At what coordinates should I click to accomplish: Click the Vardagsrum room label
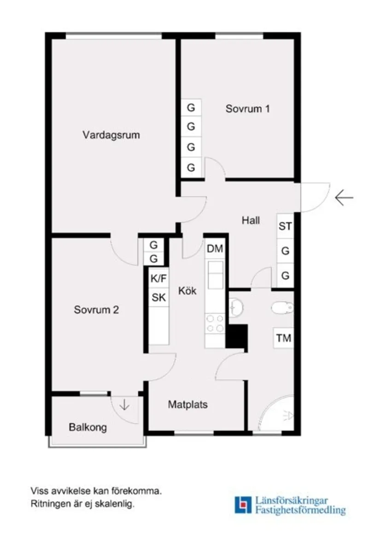[x=111, y=135]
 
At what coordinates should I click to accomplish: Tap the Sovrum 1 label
[x=247, y=109]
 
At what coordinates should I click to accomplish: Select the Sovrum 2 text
[x=96, y=310]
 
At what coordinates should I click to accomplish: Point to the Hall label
[x=251, y=221]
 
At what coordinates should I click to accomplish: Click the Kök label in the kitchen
[x=187, y=291]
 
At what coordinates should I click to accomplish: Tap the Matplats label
[x=187, y=405]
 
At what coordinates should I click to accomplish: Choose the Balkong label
[x=88, y=427]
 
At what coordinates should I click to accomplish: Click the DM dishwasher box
[x=215, y=249]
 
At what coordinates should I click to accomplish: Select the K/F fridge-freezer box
[x=159, y=279]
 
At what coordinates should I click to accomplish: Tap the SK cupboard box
[x=159, y=298]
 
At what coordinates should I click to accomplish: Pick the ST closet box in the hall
[x=285, y=227]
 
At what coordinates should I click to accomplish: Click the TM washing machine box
[x=284, y=339]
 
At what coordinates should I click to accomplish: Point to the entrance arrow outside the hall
[x=344, y=198]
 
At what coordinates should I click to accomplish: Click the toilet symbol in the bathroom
[x=282, y=307]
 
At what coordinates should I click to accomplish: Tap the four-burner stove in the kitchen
[x=215, y=323]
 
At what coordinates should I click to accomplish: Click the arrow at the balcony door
[x=124, y=405]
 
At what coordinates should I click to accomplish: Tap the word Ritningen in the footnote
[x=49, y=504]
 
